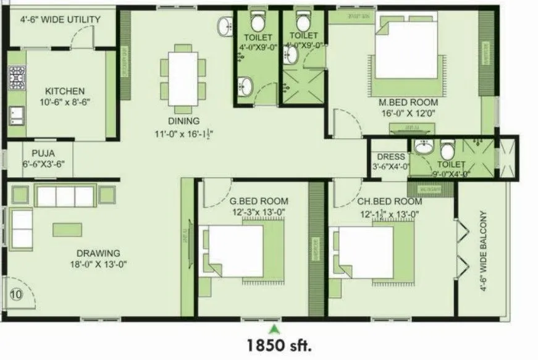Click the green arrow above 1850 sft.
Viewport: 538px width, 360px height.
(x=275, y=327)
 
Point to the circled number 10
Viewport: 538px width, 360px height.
(x=16, y=295)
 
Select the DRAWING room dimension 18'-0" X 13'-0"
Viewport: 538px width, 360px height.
(x=98, y=264)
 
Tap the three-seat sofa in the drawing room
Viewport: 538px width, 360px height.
(x=64, y=196)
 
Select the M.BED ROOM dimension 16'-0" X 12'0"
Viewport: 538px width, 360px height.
(x=409, y=113)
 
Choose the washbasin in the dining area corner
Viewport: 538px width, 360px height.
(x=224, y=25)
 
